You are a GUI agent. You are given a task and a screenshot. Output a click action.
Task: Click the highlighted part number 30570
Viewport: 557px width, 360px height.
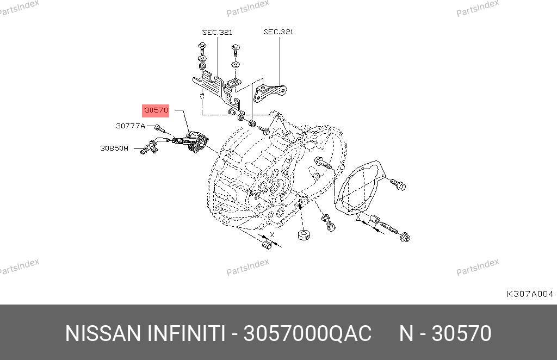[x=156, y=110]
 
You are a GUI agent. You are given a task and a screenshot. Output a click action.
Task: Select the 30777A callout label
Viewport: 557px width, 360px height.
[x=131, y=126]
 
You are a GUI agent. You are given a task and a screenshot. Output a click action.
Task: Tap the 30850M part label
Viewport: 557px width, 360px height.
[x=114, y=148]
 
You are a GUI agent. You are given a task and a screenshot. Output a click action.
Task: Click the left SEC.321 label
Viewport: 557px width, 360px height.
[x=217, y=32]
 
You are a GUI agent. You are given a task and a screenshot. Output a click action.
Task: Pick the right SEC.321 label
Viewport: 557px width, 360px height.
[x=278, y=32]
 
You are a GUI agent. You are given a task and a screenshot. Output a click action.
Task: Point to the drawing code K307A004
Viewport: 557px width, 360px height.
[x=530, y=294]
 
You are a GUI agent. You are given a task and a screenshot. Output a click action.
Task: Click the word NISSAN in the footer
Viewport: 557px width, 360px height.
[x=103, y=334]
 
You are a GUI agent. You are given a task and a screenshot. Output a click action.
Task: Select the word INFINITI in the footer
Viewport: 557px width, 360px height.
[x=186, y=334]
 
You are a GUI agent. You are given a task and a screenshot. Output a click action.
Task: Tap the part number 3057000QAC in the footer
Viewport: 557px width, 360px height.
[x=307, y=334]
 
